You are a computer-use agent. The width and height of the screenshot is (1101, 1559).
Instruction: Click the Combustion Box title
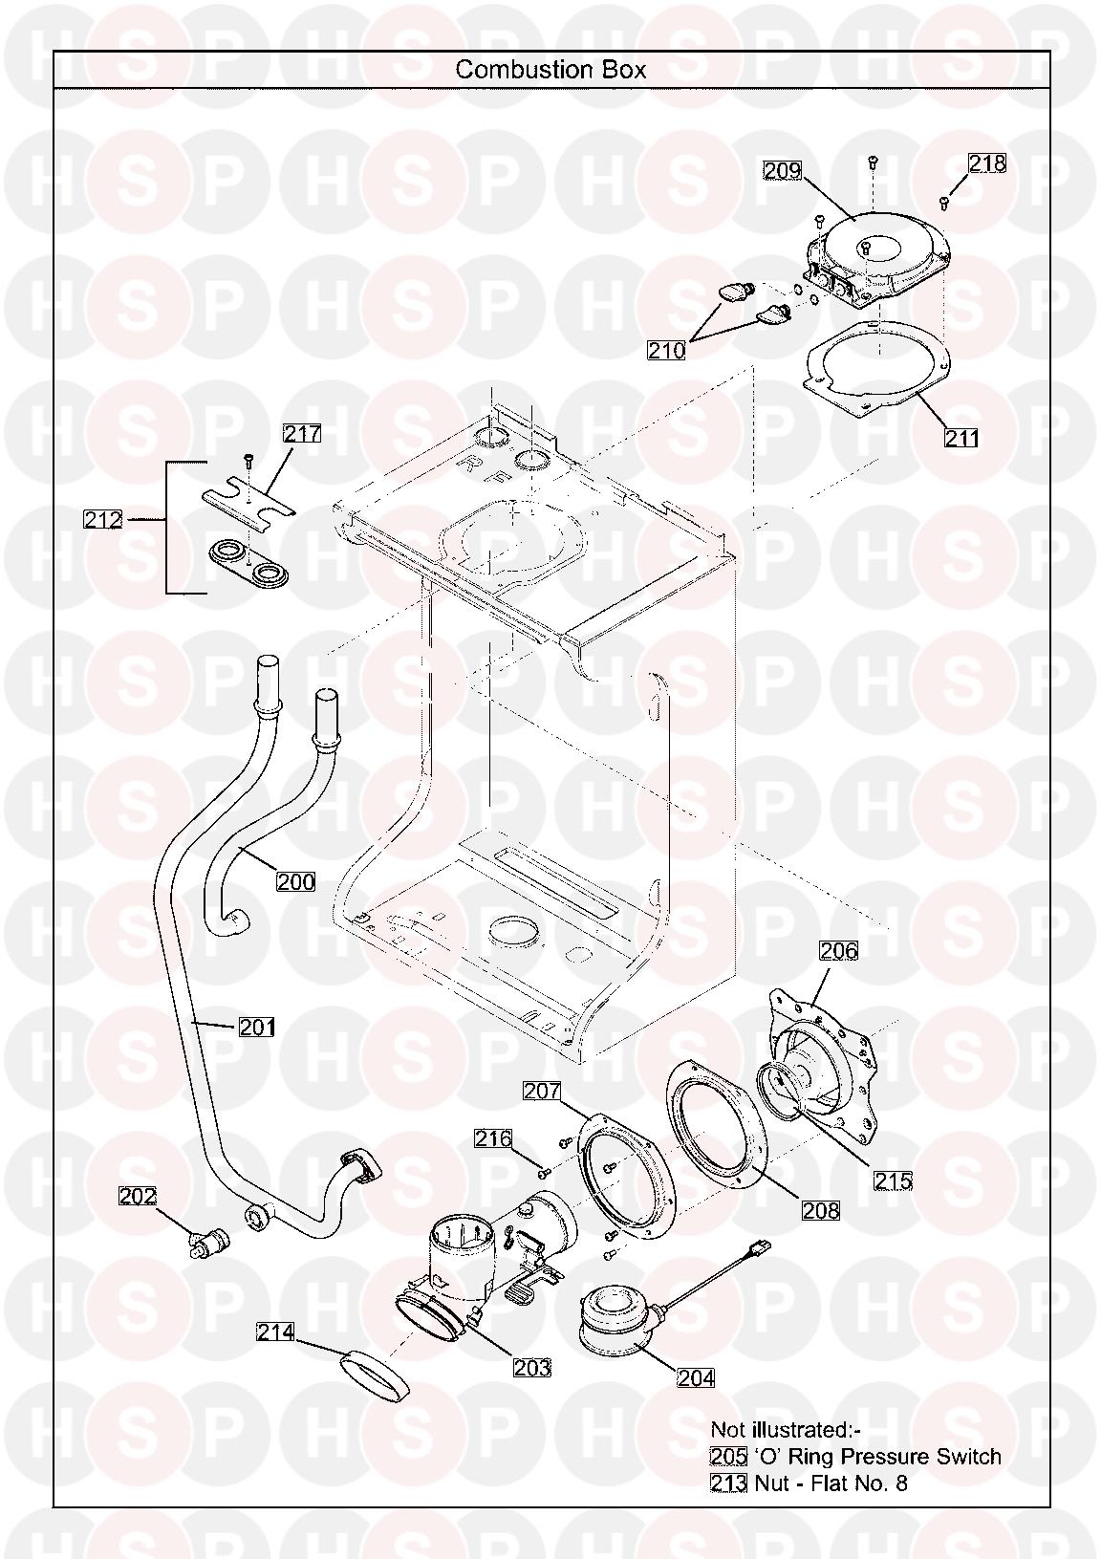click(550, 70)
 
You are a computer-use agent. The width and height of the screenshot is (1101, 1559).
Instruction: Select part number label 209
click(782, 171)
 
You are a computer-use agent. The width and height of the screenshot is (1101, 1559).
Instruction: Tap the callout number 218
click(987, 163)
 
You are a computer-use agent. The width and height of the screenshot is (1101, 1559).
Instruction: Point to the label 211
click(962, 438)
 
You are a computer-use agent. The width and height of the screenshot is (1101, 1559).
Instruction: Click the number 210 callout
click(666, 351)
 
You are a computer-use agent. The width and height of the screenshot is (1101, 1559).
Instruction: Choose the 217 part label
click(302, 434)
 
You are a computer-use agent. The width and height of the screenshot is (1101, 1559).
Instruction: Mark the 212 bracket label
click(103, 520)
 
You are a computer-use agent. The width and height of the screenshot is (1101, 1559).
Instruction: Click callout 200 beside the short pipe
click(295, 880)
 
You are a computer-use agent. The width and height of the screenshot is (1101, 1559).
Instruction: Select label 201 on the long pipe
click(256, 1028)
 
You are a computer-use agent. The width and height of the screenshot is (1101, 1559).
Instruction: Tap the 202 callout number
click(138, 1196)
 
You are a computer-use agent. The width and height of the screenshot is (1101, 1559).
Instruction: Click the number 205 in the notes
click(728, 1457)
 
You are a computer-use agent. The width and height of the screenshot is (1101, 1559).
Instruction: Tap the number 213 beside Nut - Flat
click(728, 1483)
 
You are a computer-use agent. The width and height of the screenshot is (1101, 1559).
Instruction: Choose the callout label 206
click(838, 951)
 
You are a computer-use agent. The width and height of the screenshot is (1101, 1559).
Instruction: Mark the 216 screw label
click(493, 1138)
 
